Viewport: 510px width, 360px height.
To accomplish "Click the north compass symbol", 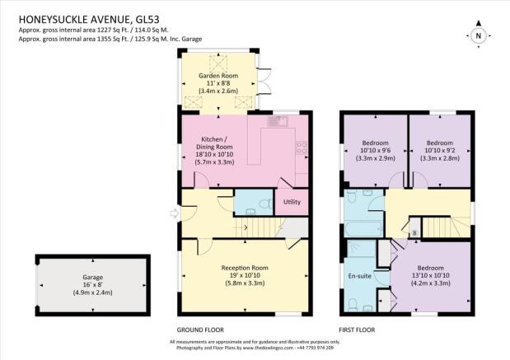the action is click(478, 35).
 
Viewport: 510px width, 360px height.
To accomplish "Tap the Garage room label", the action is click(93, 278).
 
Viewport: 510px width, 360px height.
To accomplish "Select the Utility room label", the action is click(292, 202).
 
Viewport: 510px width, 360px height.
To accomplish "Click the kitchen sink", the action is click(278, 121).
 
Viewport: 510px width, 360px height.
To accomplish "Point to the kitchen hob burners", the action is click(302, 147).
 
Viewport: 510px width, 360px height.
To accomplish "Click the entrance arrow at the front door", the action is click(175, 213).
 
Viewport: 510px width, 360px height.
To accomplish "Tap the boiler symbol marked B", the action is click(414, 233).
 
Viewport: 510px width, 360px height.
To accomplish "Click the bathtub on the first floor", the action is click(364, 229).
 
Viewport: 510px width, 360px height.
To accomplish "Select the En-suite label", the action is click(359, 276).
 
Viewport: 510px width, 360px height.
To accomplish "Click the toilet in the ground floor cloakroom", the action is click(266, 203).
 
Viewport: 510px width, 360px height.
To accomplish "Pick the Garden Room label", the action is click(218, 76).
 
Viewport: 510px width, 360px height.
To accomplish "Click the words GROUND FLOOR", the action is click(200, 330).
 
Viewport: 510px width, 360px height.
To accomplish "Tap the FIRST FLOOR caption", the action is click(357, 330).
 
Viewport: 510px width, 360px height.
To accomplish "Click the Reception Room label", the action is click(245, 268).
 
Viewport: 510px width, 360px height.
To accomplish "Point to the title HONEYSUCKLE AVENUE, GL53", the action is click(89, 20).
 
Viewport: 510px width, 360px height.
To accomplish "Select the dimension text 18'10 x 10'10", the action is click(214, 155).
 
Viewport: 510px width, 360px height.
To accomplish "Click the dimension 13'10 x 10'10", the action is click(431, 275).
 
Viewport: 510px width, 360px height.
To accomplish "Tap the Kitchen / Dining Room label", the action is click(214, 143).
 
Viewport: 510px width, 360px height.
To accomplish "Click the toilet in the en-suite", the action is click(352, 304).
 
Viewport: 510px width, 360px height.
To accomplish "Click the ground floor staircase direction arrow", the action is click(245, 227).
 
